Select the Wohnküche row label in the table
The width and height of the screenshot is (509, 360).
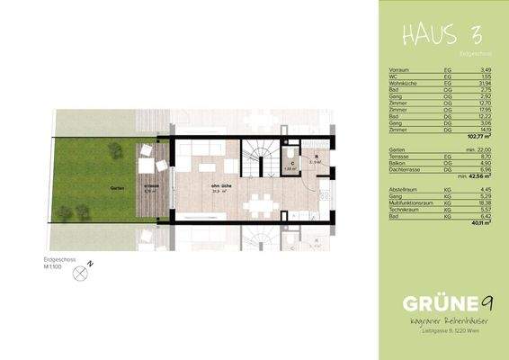tap(402, 83)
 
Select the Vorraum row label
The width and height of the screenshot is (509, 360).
tap(399, 69)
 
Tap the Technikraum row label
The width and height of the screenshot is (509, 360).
tap(402, 210)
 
